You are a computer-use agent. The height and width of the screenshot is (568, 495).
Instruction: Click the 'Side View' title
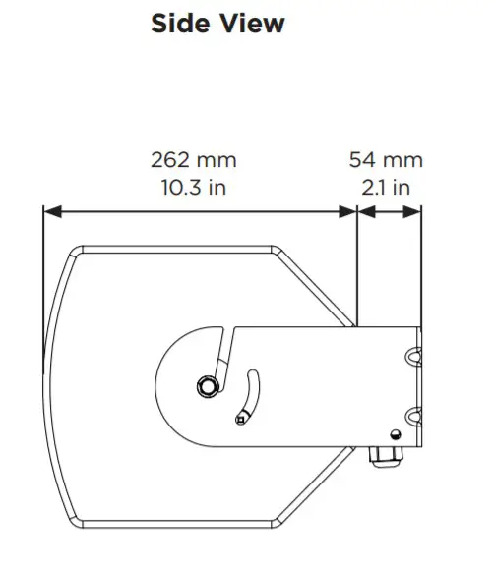[217, 23]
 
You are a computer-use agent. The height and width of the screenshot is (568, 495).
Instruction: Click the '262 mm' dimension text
[193, 159]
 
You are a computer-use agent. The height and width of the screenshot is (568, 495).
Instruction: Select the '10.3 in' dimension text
[193, 186]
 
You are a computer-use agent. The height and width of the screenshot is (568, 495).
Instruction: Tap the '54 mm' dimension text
[386, 159]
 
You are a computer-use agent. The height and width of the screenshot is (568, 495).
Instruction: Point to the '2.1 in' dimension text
[386, 186]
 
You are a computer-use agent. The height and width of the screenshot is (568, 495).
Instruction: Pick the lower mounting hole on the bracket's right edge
[413, 414]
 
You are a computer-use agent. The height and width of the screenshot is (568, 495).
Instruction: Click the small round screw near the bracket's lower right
[395, 435]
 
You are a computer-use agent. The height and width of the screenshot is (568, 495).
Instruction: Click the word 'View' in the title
[253, 23]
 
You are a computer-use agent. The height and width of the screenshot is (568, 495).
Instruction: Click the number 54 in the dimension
[366, 159]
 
